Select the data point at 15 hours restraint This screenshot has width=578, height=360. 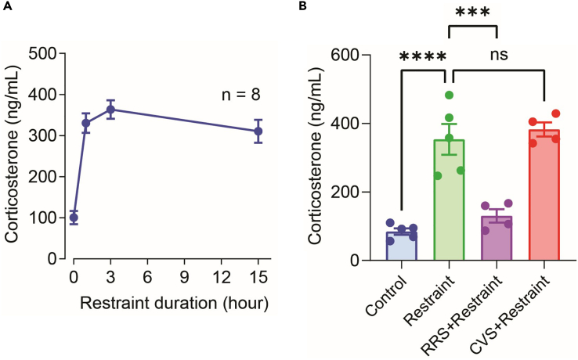tap(258, 131)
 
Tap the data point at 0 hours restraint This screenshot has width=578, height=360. tap(74, 218)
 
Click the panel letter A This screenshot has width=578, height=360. tap(5, 7)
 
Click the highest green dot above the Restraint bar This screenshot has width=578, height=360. tap(450, 95)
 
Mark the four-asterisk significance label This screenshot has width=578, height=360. tap(423, 59)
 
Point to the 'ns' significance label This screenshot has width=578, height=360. tap(497, 57)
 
